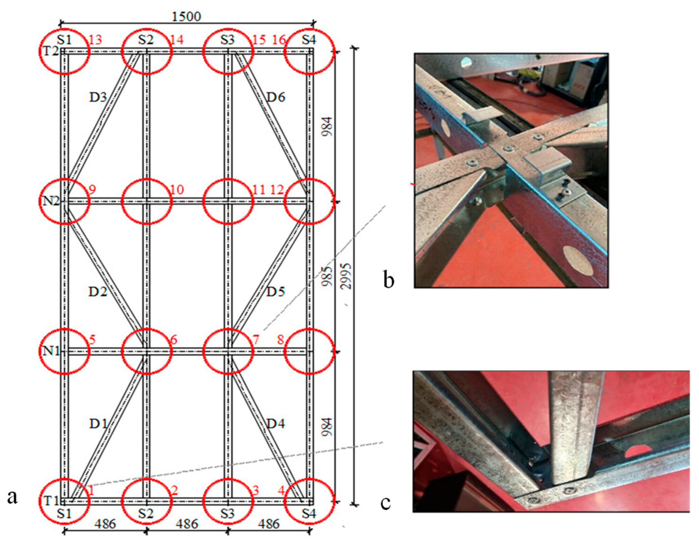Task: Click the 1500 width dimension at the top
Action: [187, 16]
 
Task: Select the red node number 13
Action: [96, 40]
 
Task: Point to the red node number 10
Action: [177, 190]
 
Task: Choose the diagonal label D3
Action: [98, 97]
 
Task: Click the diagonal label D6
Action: [276, 97]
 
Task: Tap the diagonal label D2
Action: [98, 292]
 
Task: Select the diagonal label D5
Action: [276, 292]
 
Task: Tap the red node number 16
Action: [279, 40]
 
